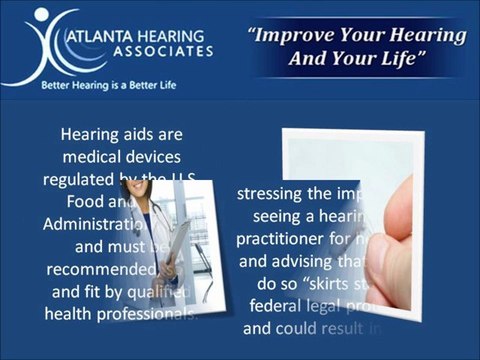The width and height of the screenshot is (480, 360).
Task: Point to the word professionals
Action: point(149,314)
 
